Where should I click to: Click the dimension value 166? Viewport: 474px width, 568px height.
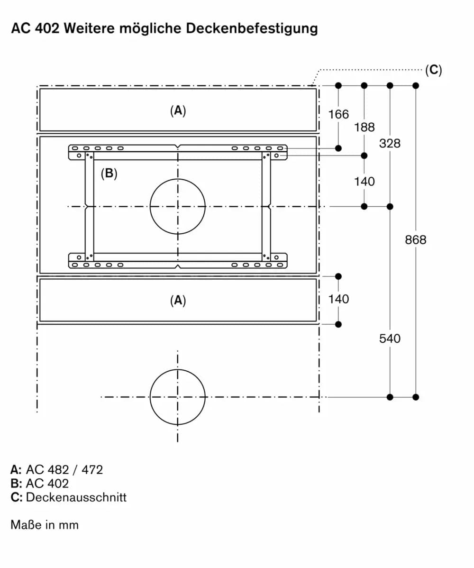click(x=338, y=114)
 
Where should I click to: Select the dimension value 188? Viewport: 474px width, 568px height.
click(x=364, y=127)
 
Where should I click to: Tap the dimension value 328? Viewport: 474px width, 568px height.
click(x=390, y=143)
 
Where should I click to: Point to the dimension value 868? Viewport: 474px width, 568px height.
click(x=416, y=240)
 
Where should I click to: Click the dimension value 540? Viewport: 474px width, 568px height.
click(x=390, y=339)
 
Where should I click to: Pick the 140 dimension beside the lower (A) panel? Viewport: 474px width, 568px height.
click(x=338, y=299)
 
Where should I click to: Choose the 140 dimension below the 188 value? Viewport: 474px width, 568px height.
click(x=364, y=182)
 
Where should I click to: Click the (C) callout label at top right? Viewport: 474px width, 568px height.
click(x=433, y=70)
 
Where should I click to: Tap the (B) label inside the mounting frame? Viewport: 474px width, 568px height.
click(x=109, y=174)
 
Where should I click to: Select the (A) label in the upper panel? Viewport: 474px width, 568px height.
click(x=178, y=110)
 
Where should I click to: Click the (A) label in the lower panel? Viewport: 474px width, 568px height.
click(x=178, y=300)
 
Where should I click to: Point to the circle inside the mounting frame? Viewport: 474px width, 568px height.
click(x=178, y=207)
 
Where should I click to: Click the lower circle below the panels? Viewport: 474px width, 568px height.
click(x=178, y=397)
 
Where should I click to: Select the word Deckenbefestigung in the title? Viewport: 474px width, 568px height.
click(x=252, y=28)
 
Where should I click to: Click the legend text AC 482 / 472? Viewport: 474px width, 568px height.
click(x=64, y=470)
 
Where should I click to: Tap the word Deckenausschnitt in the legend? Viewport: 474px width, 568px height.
click(x=76, y=497)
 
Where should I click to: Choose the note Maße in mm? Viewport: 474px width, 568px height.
click(x=44, y=525)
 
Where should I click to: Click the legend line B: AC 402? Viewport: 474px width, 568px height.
click(x=39, y=484)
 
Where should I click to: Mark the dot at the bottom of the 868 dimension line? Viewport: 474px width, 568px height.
click(x=416, y=397)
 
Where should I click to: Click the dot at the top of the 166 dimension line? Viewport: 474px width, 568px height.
click(x=338, y=85)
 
